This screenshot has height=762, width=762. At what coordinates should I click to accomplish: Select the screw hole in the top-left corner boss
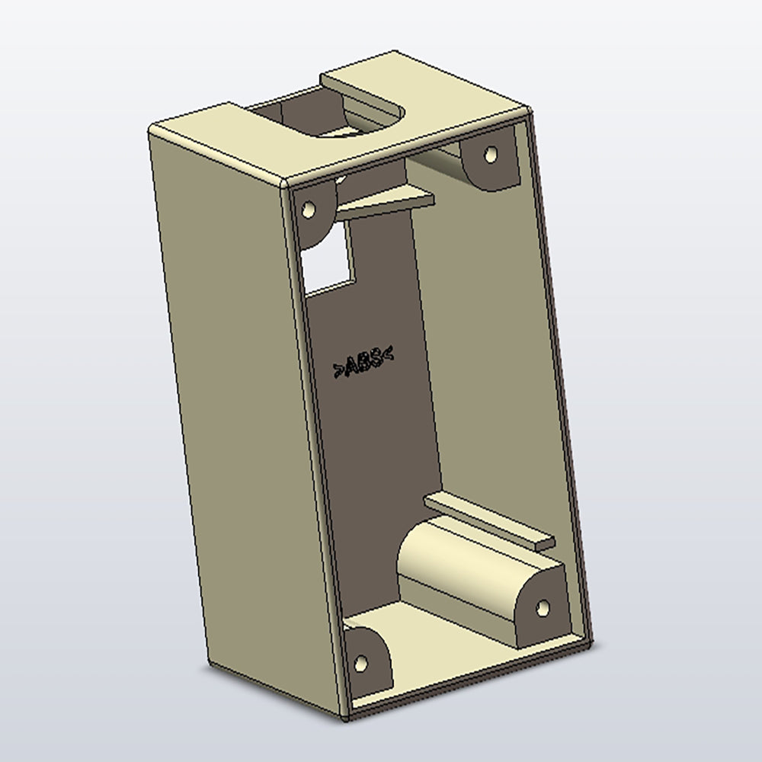pos(309,208)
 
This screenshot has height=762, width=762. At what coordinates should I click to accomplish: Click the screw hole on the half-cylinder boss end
pos(543,607)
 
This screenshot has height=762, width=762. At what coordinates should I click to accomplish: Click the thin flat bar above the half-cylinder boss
pos(488,520)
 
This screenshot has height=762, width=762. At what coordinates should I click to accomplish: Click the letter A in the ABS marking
pos(353,366)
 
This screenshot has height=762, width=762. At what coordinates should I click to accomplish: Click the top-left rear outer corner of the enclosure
pos(150,128)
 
